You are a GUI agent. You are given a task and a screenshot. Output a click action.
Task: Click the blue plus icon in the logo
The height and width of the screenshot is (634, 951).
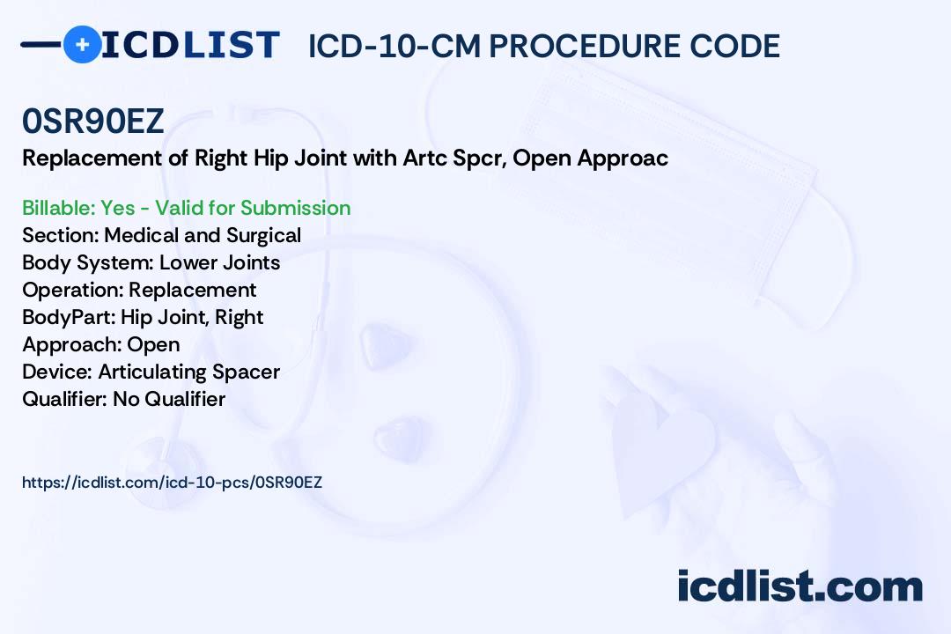tap(82, 44)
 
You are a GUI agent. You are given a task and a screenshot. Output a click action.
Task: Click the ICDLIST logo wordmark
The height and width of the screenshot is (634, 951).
tap(190, 45)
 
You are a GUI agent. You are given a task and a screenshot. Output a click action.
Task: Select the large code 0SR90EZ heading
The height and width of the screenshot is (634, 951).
tap(92, 121)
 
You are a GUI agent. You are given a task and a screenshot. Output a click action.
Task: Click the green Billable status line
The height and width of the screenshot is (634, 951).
tap(186, 208)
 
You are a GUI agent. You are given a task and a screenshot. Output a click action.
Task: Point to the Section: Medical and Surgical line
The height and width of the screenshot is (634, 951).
tap(161, 235)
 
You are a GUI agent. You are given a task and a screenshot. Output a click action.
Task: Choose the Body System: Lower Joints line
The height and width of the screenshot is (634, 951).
tap(151, 262)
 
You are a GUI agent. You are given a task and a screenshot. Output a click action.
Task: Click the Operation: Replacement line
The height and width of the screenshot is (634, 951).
tap(139, 290)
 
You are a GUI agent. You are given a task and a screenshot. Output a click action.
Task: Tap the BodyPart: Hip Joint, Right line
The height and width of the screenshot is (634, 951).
tap(143, 317)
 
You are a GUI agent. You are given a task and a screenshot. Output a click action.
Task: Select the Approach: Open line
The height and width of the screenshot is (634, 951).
tap(100, 344)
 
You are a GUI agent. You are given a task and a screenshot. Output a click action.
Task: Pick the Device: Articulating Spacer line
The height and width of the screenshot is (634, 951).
tap(151, 372)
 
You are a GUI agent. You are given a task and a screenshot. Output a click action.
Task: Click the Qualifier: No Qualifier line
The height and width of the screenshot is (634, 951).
tap(124, 399)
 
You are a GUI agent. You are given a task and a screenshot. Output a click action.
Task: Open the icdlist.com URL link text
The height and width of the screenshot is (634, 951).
tap(173, 483)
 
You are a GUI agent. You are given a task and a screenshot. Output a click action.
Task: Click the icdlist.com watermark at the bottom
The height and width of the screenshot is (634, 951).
tap(800, 586)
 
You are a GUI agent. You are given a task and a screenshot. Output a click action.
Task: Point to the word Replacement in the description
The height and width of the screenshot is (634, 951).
tap(92, 158)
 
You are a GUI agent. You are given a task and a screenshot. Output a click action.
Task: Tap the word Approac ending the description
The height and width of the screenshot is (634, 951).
tap(623, 158)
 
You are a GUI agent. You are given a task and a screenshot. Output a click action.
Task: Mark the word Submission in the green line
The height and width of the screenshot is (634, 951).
tap(295, 208)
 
